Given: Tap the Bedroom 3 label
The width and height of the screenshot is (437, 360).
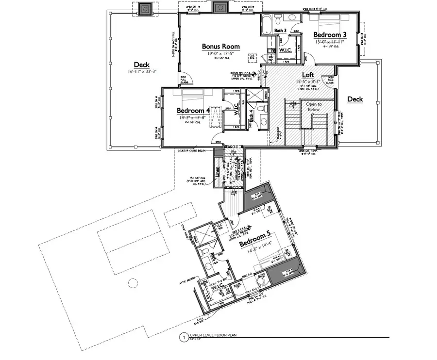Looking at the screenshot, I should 330,35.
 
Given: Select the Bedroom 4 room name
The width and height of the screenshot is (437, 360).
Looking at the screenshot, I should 193,110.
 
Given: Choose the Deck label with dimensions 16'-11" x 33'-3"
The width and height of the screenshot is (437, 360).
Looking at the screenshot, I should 141,65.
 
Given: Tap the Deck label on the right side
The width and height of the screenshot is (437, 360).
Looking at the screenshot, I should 355,99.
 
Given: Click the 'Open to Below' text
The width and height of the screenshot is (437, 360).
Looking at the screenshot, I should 313,107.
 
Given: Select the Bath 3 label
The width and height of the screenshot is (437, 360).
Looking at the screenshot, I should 280,31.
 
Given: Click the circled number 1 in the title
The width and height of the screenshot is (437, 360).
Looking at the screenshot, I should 183,336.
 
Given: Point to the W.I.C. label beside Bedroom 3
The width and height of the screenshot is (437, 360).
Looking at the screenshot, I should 285,50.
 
